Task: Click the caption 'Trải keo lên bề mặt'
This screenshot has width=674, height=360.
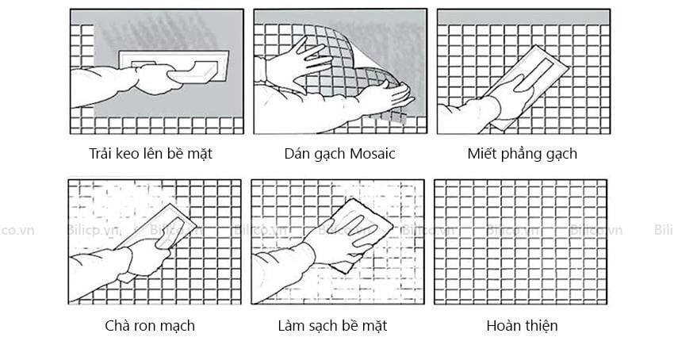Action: click(x=151, y=154)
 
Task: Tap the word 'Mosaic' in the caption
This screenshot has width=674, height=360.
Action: click(x=372, y=154)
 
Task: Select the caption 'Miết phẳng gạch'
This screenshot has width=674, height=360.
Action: click(x=523, y=154)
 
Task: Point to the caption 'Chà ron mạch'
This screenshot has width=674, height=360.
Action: click(x=150, y=326)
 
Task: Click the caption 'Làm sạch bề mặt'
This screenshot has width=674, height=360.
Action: click(x=332, y=326)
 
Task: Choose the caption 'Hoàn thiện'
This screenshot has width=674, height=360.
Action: click(x=522, y=326)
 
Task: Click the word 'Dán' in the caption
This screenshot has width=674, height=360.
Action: click(x=296, y=154)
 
